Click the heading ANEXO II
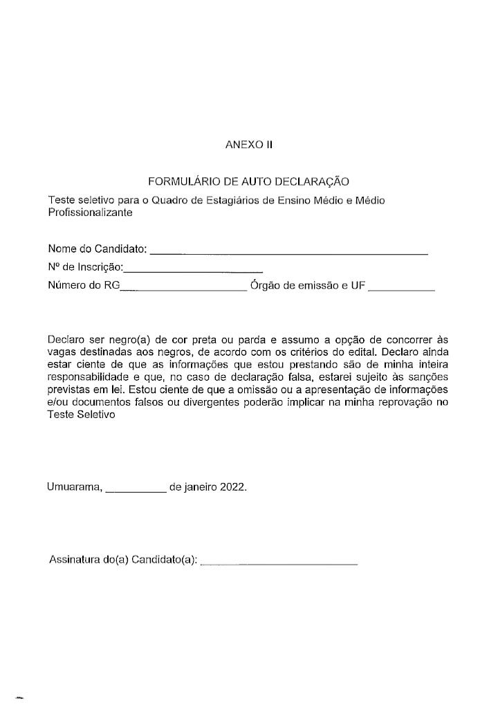point(250,145)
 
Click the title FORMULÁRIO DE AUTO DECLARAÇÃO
point(249,183)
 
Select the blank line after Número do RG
point(183,290)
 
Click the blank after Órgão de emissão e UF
point(401,290)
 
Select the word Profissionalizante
point(90,212)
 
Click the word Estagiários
point(234,201)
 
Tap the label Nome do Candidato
point(97,248)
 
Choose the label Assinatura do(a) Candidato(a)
point(123,559)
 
